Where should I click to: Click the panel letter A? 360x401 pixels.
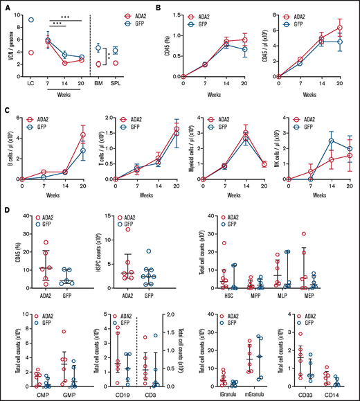point(6,6)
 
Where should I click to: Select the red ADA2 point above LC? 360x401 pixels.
point(30,52)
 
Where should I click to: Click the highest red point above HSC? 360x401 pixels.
point(224,243)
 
